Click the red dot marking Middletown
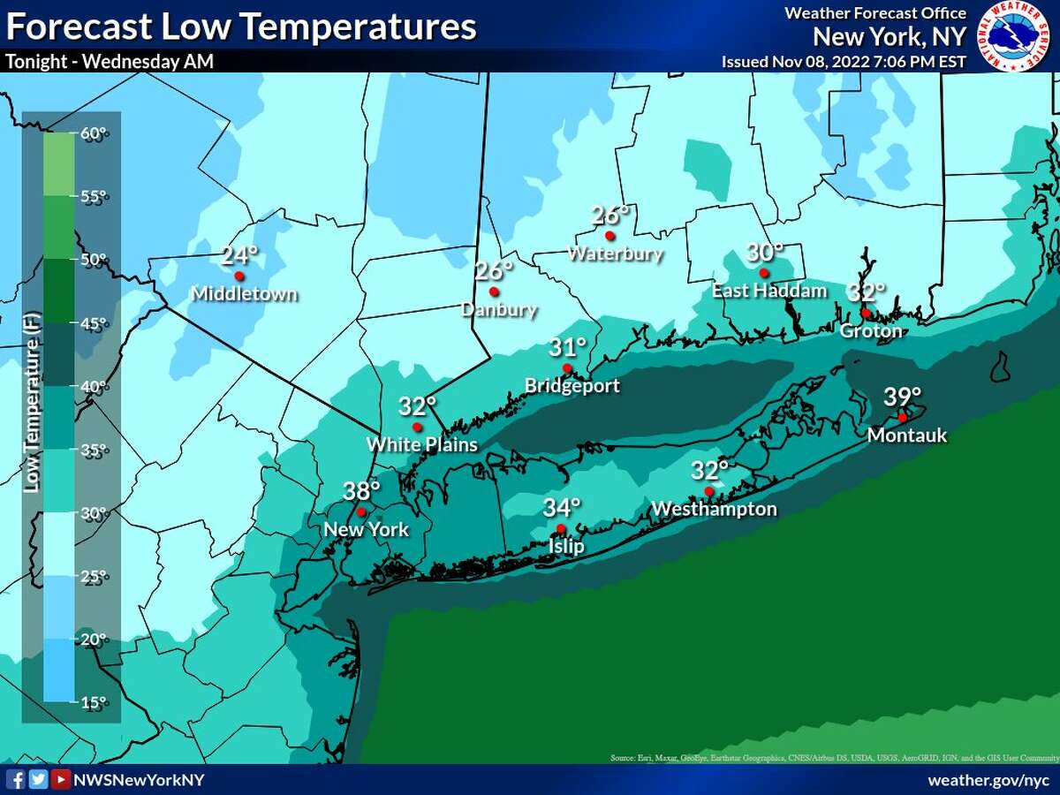(238, 276)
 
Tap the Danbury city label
(498, 310)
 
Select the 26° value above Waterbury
(610, 215)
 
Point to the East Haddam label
(769, 291)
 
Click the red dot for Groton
(866, 313)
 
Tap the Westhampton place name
(714, 509)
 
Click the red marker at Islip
(561, 529)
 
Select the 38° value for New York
(362, 490)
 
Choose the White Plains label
(422, 444)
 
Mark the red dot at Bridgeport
(567, 368)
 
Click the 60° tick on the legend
(94, 133)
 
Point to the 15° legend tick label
(94, 702)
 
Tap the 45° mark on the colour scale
(94, 323)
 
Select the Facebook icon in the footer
(16, 779)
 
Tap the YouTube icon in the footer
(60, 779)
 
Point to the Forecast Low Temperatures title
(241, 27)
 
